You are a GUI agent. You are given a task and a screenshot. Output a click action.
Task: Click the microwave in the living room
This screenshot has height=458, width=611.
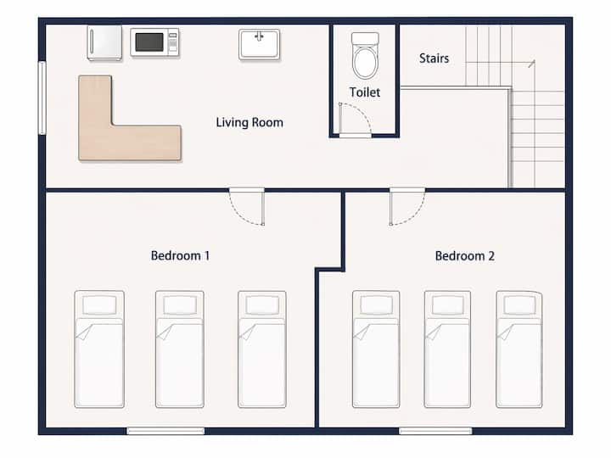pyautogui.click(x=154, y=42)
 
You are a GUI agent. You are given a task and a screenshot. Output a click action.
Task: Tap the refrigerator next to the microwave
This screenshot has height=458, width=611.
pyautogui.click(x=104, y=43)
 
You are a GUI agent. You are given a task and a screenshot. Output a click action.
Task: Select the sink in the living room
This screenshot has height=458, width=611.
pyautogui.click(x=260, y=44)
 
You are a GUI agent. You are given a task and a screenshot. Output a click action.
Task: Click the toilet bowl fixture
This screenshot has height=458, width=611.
pyautogui.click(x=365, y=56)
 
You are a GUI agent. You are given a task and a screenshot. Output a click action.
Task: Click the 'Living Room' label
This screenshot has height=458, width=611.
pyautogui.click(x=249, y=122)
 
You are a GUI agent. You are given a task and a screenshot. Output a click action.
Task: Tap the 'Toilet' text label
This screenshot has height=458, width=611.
pyautogui.click(x=365, y=92)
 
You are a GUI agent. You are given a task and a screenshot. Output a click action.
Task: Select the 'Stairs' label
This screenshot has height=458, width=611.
pyautogui.click(x=434, y=59)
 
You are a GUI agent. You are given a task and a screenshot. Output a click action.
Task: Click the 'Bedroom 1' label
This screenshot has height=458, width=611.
pyautogui.click(x=180, y=256)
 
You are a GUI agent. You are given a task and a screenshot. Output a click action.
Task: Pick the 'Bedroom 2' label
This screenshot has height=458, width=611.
pyautogui.click(x=465, y=256)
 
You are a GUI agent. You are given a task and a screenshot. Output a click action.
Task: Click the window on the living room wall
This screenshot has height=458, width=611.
pyautogui.click(x=42, y=98)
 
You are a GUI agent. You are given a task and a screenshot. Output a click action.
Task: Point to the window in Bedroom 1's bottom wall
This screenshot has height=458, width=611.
pyautogui.click(x=165, y=431)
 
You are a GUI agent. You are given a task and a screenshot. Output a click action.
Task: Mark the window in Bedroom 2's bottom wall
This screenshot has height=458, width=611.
pyautogui.click(x=435, y=431)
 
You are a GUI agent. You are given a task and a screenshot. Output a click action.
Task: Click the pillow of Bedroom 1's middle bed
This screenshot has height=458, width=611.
pyautogui.click(x=180, y=305)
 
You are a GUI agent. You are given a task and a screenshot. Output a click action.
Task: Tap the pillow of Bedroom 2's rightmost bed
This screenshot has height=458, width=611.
pyautogui.click(x=519, y=304)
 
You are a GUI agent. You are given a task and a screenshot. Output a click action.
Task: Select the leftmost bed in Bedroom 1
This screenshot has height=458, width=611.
pyautogui.click(x=99, y=349)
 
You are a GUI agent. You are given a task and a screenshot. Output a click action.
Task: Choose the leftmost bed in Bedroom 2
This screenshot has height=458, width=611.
pyautogui.click(x=376, y=349)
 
